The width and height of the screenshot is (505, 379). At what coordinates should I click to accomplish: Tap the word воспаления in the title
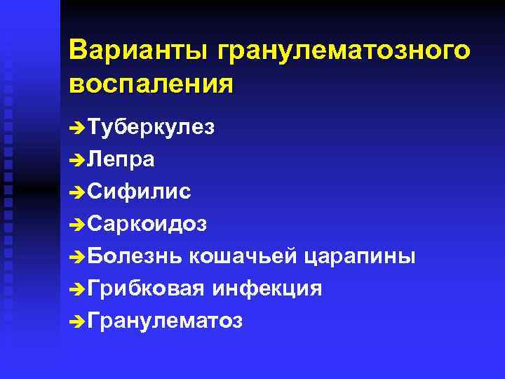(151, 84)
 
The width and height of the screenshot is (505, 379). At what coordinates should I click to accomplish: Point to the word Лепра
(122, 160)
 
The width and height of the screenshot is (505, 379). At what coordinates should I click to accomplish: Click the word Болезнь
(135, 256)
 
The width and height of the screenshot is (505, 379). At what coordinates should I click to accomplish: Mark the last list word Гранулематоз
(166, 321)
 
